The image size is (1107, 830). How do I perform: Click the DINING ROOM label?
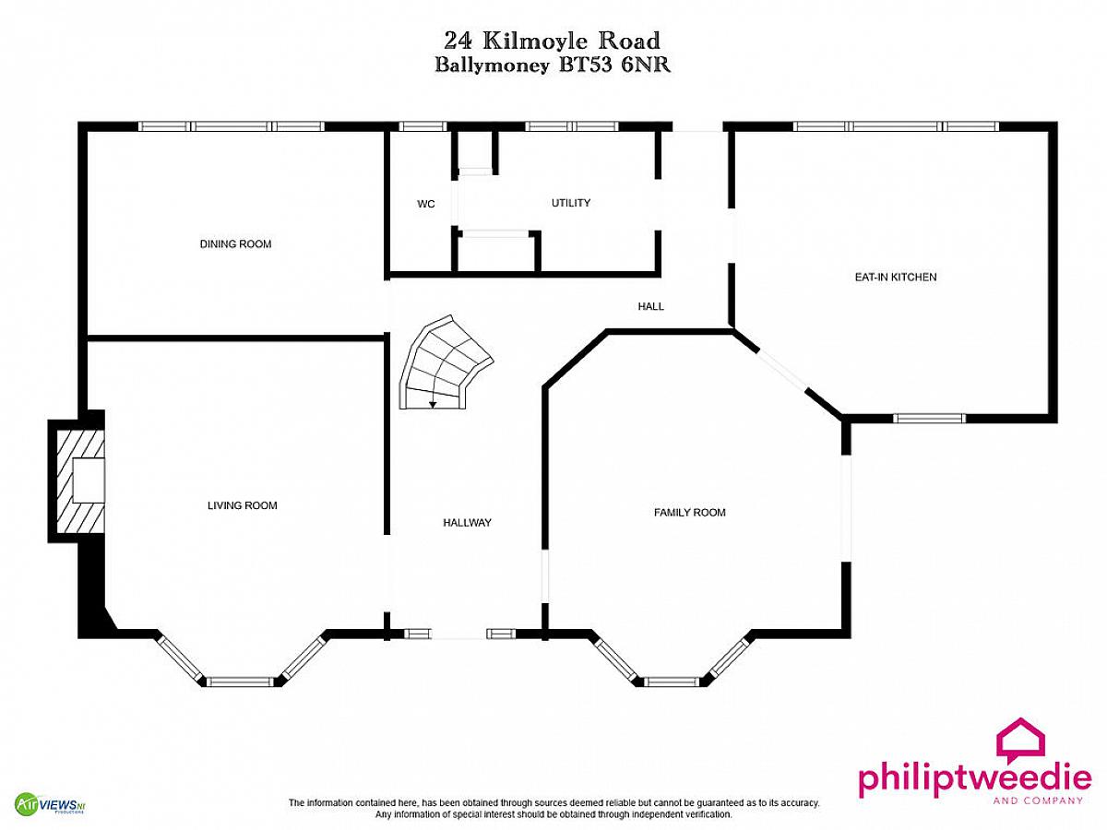pos(235,243)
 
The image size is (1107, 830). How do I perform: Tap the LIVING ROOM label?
pos(242,505)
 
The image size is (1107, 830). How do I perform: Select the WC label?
pos(425,204)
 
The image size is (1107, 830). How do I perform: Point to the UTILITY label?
pos(571,203)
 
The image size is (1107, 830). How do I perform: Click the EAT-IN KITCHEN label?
pos(896,277)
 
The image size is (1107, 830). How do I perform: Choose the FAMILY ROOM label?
pos(689,513)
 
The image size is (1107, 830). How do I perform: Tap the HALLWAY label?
pos(467,523)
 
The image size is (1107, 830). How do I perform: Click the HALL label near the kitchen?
pos(650,306)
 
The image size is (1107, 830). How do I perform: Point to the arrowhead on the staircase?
pos(433,405)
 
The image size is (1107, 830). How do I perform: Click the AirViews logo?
pos(50,803)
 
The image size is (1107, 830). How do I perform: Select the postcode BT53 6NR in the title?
pos(614,65)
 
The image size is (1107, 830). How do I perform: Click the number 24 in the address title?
pos(458,41)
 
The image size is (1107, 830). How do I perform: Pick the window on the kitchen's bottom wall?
pos(929,418)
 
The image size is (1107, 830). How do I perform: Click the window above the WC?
pos(423,126)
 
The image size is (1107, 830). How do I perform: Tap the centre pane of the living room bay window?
pos(240,682)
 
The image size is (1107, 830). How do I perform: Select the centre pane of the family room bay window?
pos(672,682)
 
